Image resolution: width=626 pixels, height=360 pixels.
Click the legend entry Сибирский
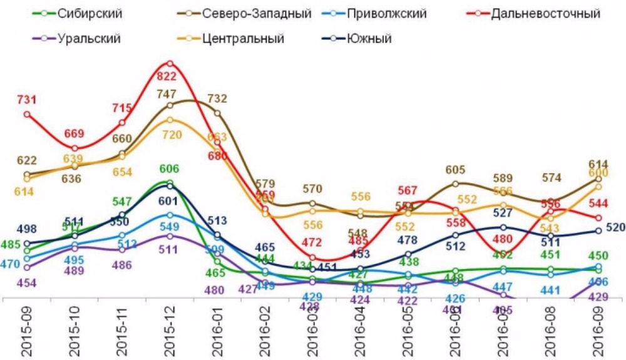tap(88, 13)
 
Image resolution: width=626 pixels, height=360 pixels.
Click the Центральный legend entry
tap(244, 39)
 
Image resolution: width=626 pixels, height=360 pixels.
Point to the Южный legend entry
tap(369, 39)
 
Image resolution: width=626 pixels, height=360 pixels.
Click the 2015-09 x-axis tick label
tap(26, 332)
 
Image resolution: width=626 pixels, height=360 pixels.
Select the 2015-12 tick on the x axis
tap(170, 332)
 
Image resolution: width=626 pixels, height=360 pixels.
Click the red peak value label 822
tap(170, 76)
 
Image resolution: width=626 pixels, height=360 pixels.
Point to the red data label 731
tap(27, 100)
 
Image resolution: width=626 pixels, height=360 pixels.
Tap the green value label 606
tap(169, 168)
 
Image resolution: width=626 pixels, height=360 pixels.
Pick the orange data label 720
tap(170, 135)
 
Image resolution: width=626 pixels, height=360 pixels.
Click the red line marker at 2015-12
tap(170, 63)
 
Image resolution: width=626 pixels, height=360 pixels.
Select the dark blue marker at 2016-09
tap(598, 230)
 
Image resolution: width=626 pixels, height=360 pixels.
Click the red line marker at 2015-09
tap(27, 114)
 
